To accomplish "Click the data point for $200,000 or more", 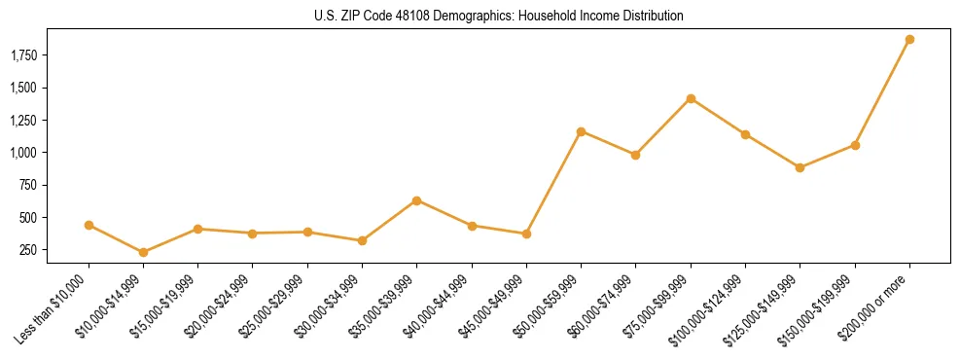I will [909, 40].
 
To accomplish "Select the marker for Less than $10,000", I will [89, 225].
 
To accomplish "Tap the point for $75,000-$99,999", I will [691, 98].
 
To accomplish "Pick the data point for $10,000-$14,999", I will [143, 252].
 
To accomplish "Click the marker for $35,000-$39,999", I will [416, 200].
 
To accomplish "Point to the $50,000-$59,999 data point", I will [581, 131].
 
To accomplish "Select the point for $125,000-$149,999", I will [800, 167].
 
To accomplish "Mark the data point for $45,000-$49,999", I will [526, 234].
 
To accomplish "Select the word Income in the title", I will [596, 16].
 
